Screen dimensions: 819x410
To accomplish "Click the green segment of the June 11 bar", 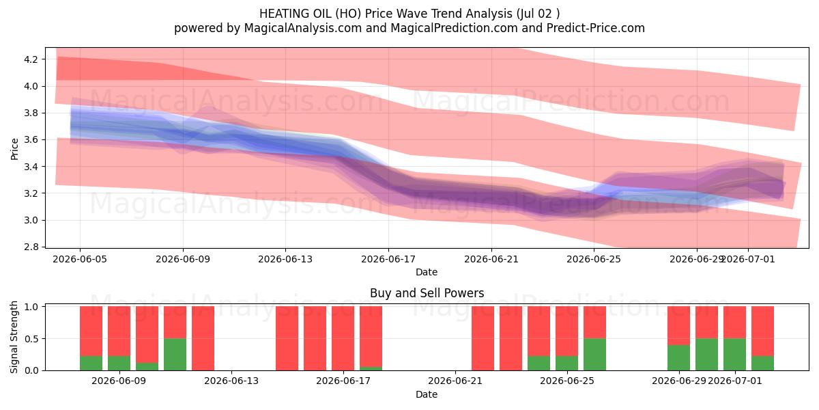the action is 175,355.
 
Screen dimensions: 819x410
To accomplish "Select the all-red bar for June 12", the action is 203,338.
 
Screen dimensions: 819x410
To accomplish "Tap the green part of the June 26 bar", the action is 595,355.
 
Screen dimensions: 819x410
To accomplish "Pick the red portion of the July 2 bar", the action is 763,331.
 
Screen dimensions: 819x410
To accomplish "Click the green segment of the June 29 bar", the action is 679,357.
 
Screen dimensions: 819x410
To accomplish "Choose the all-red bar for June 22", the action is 483,338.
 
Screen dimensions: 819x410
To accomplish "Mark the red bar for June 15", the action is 287,338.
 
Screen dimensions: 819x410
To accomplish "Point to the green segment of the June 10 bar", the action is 147,366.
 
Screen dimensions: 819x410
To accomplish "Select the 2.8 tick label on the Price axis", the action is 31,247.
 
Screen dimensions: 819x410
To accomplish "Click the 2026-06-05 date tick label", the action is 80,259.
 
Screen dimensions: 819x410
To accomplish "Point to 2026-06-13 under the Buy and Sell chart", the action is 231,381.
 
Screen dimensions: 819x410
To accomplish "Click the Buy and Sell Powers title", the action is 427,293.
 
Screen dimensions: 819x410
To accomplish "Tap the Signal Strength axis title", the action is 14,337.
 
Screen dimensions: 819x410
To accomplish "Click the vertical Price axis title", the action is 14,149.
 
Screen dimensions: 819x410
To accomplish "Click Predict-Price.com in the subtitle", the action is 596,28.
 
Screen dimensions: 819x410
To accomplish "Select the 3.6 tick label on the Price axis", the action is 31,140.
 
